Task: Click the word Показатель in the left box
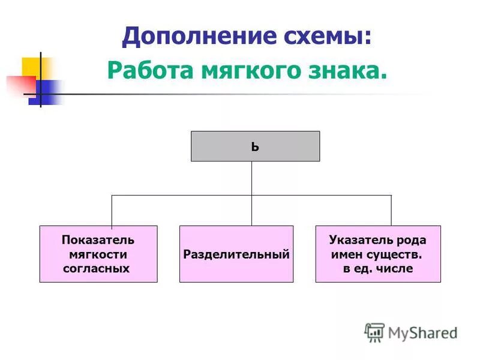(98, 240)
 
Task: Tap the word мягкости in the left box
(98, 254)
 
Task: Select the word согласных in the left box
(97, 268)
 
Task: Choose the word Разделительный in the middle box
(236, 254)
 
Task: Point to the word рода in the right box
(411, 240)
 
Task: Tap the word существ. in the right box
(396, 254)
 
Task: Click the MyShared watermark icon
(374, 332)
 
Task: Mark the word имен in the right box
(346, 254)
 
